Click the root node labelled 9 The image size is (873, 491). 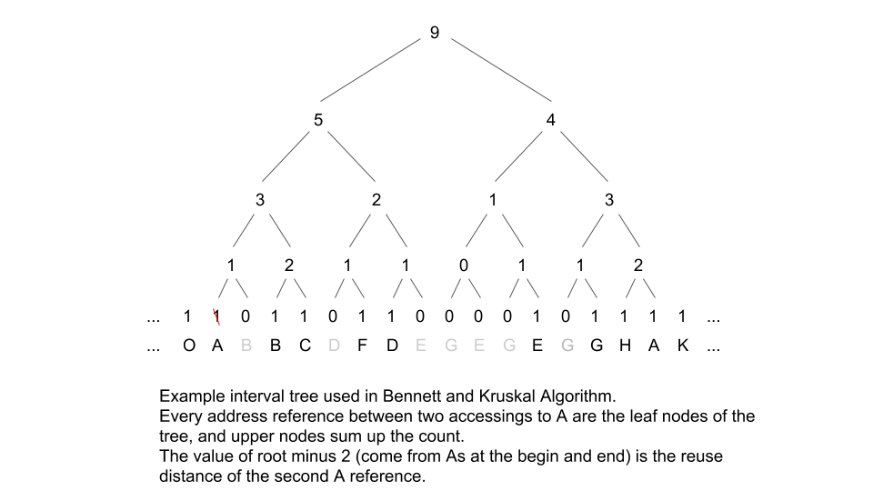[x=434, y=33]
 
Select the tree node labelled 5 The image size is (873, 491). [x=317, y=120]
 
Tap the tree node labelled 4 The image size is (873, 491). [x=550, y=120]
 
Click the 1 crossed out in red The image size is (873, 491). [x=216, y=316]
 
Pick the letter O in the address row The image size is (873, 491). [x=187, y=346]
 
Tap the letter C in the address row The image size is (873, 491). [x=304, y=346]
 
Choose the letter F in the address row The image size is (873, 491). [x=362, y=346]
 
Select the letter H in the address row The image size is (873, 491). [x=624, y=346]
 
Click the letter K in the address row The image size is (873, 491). [x=682, y=346]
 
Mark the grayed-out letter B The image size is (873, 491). [x=246, y=346]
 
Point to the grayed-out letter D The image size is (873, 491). [x=333, y=346]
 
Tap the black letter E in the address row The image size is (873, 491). [x=537, y=346]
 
